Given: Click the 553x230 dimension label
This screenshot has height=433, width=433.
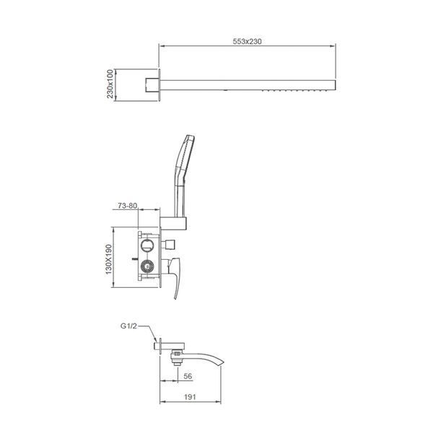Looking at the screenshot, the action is click(247, 41).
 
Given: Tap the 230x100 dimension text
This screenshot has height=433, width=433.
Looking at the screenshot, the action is click(110, 84).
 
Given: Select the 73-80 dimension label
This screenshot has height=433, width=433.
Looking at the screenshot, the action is click(127, 206).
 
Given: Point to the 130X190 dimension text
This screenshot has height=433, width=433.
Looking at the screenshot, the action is click(108, 259).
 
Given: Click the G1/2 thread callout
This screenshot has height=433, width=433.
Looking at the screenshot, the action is click(128, 326).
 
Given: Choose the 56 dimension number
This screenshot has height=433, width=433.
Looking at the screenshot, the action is click(188, 376).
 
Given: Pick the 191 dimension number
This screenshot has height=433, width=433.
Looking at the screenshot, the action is click(190, 397).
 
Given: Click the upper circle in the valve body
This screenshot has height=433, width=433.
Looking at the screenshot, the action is click(146, 245).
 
